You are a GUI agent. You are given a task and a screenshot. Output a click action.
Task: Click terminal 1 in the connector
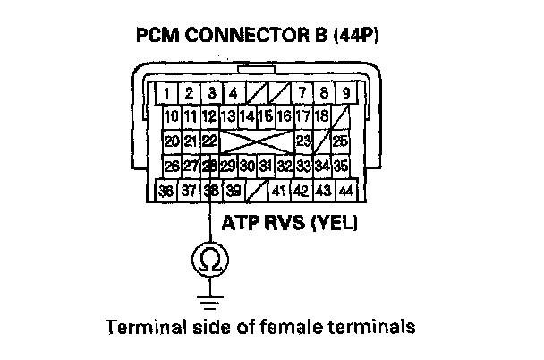(167, 92)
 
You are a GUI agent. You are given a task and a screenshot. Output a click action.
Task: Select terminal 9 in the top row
(344, 92)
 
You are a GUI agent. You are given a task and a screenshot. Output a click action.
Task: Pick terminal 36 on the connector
(166, 191)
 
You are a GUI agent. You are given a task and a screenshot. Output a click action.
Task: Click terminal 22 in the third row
(210, 141)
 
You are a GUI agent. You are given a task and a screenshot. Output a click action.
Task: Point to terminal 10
(171, 116)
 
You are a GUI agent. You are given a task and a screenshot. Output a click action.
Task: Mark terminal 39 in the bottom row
(233, 191)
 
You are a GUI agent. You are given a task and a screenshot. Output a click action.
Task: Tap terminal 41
(278, 191)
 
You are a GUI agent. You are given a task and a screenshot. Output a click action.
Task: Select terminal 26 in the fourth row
(171, 166)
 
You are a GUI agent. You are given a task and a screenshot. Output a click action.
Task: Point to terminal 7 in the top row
(302, 92)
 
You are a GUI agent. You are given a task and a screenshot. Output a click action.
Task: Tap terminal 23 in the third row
(303, 141)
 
